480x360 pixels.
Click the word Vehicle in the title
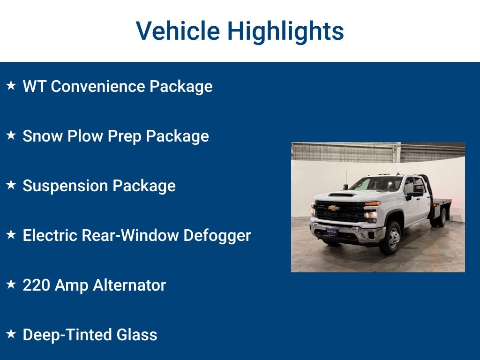pos(178,31)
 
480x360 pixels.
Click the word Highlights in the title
pos(285,32)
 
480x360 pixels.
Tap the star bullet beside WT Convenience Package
pos(11,86)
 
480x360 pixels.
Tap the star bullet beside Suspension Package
pos(11,185)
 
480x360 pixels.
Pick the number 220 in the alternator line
pos(37,285)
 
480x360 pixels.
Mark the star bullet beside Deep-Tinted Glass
pos(11,334)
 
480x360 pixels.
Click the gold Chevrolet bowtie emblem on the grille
pos(334,208)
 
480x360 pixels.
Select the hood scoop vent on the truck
pos(342,194)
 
